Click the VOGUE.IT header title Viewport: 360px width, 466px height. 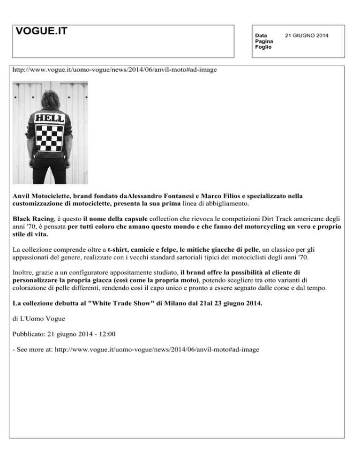41,31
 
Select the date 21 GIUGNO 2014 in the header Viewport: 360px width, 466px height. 309,36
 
